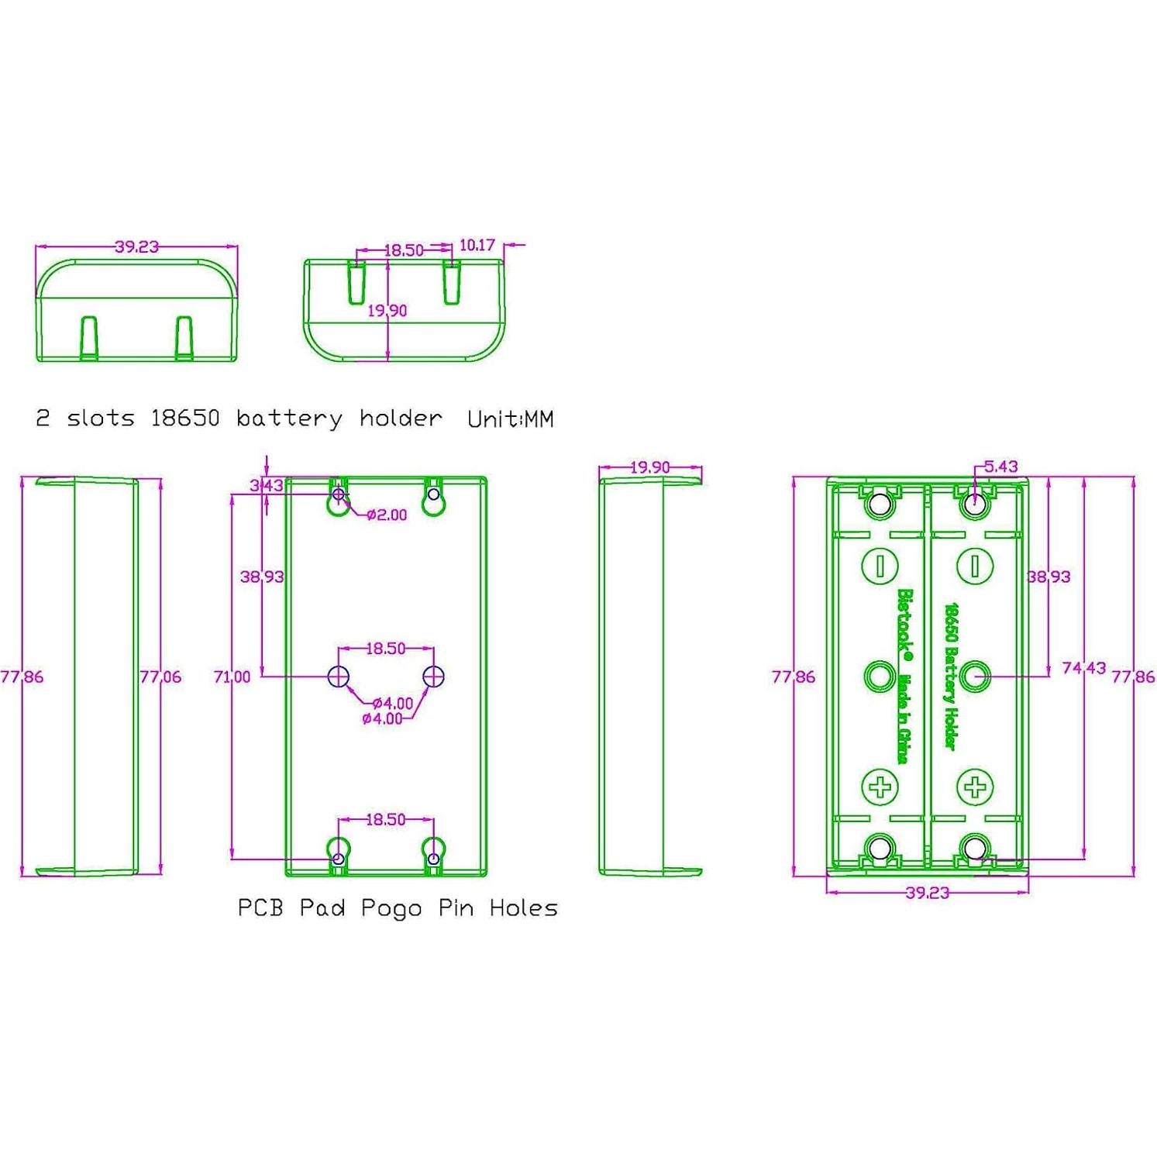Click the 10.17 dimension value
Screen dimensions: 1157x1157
[x=477, y=245]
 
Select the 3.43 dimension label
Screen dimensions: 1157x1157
[x=266, y=486]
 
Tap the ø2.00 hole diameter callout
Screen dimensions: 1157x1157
[x=387, y=515]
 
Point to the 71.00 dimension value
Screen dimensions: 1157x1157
[x=232, y=677]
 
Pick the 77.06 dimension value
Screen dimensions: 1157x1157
[x=160, y=677]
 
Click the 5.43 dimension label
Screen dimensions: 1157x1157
[x=1000, y=467]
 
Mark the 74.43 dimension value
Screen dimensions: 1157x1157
[x=1083, y=667]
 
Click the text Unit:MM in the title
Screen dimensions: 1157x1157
[x=510, y=419]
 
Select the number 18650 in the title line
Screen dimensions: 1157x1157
[x=184, y=418]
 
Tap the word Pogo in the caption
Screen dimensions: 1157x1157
[x=391, y=908]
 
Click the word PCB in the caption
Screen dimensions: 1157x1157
[x=260, y=907]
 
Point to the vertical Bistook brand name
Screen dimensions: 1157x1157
[x=904, y=624]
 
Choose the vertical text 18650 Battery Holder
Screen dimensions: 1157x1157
[x=951, y=677]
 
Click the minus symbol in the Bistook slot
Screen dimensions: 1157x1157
[x=880, y=565]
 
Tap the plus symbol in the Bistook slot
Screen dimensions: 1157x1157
[x=880, y=787]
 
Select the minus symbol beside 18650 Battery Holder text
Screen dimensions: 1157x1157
[x=975, y=565]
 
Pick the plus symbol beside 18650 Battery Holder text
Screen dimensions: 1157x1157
[x=975, y=787]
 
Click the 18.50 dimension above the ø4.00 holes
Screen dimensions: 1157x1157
[x=385, y=649]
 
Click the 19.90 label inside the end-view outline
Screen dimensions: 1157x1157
[x=387, y=311]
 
